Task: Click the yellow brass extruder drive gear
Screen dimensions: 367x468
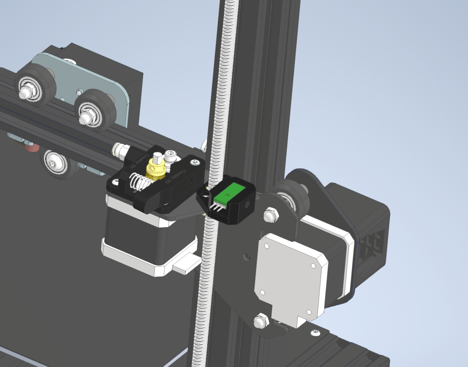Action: [x=155, y=170]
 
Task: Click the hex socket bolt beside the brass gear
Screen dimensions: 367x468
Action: [x=171, y=157]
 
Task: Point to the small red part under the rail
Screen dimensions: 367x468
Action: [x=31, y=148]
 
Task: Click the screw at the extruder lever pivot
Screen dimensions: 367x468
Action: [x=195, y=162]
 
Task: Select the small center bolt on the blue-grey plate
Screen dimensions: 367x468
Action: [x=80, y=92]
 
